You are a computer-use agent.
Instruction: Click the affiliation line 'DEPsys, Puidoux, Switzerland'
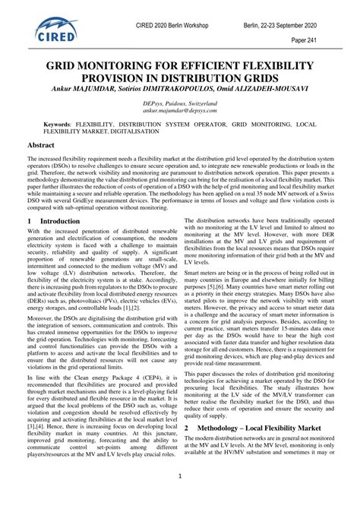[x=179, y=101]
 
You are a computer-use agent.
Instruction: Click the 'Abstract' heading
[x=41, y=144]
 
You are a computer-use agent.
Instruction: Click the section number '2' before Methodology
[x=187, y=450]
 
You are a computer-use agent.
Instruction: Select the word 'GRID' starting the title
[x=62, y=65]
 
